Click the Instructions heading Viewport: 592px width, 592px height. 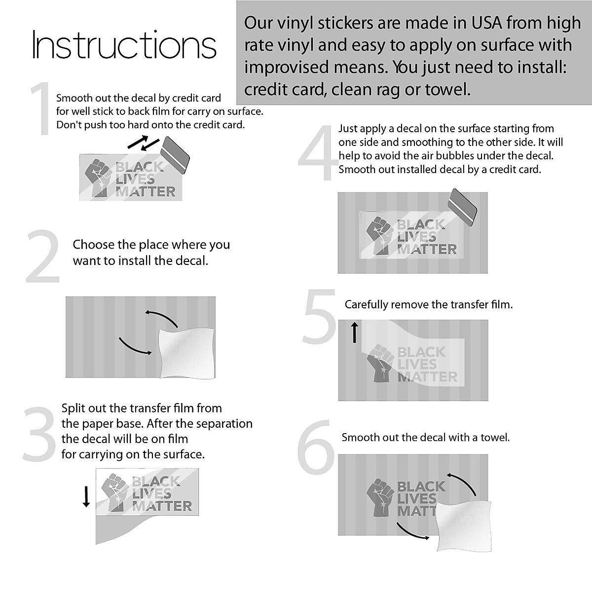click(124, 45)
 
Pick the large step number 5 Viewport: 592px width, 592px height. click(320, 316)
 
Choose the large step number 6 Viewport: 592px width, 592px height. click(316, 447)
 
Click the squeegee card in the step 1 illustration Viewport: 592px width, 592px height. click(175, 155)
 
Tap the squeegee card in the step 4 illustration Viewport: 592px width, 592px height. click(462, 207)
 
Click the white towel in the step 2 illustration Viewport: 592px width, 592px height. click(187, 353)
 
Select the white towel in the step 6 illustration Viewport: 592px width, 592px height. click(464, 526)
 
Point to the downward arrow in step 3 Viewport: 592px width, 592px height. click(86, 496)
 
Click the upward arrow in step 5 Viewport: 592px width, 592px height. click(355, 332)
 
